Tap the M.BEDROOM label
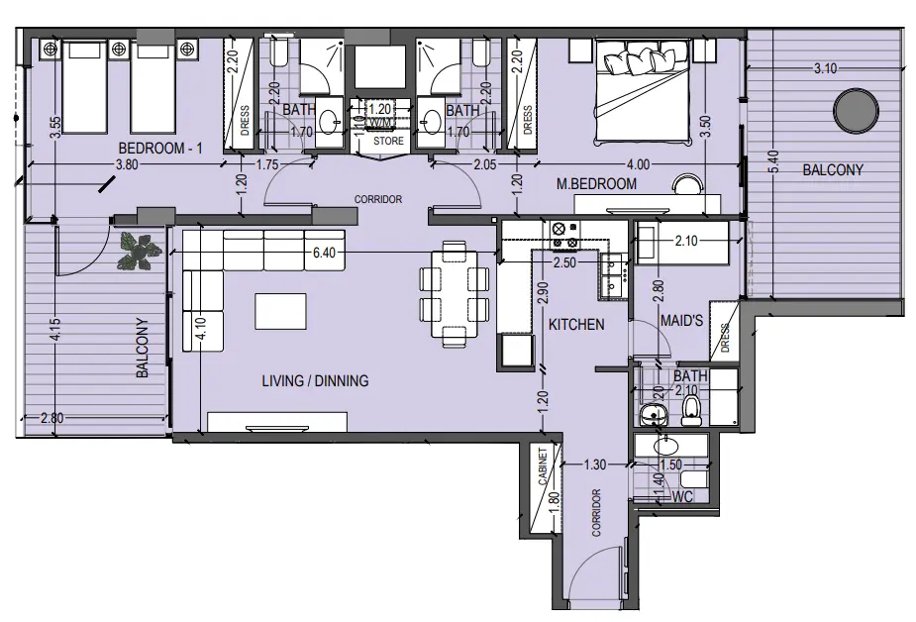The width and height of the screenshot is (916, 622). click(595, 184)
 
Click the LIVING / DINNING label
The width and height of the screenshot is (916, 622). click(315, 380)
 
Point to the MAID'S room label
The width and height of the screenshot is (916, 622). click(682, 323)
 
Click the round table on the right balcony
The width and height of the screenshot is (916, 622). click(854, 111)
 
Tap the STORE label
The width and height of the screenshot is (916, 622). click(387, 141)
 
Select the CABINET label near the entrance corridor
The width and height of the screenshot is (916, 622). click(543, 466)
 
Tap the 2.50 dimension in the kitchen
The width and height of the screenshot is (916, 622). click(564, 262)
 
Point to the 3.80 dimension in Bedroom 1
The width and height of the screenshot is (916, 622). click(126, 165)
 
